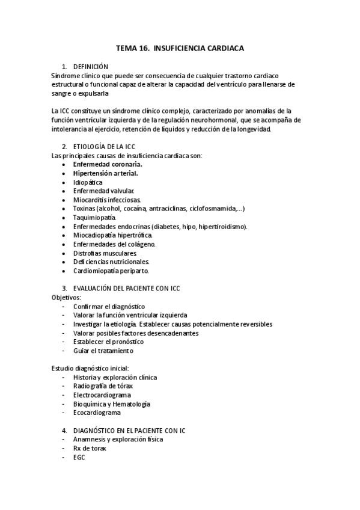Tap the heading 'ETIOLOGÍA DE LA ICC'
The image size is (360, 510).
tap(104, 146)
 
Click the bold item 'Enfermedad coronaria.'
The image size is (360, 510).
tap(108, 164)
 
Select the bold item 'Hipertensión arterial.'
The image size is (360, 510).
tap(105, 173)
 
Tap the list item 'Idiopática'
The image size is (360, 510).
tap(88, 182)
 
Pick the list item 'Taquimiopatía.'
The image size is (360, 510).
tap(95, 217)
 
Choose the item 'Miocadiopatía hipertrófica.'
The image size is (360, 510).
tap(112, 235)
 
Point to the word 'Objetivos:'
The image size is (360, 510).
tap(66, 297)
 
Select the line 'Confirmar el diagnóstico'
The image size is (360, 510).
tap(109, 306)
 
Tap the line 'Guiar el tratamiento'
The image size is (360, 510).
tap(103, 351)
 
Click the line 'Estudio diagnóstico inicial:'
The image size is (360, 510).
tap(90, 368)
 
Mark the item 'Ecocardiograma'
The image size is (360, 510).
tap(97, 413)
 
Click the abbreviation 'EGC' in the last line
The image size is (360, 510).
tap(79, 457)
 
